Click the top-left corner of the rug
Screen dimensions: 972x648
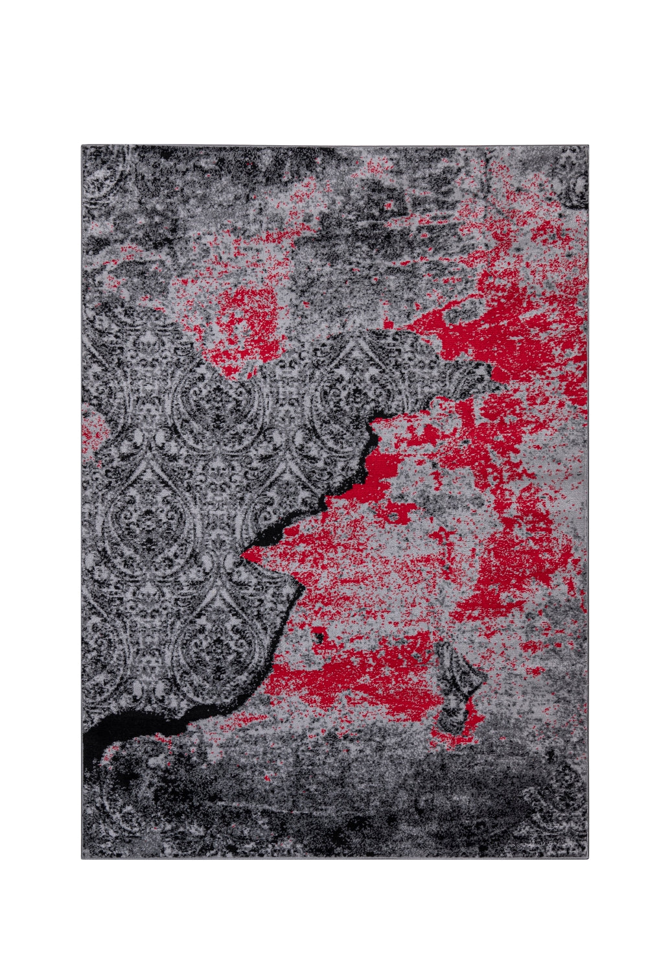82,146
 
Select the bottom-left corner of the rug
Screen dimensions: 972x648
82,859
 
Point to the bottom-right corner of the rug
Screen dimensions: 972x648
587,858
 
